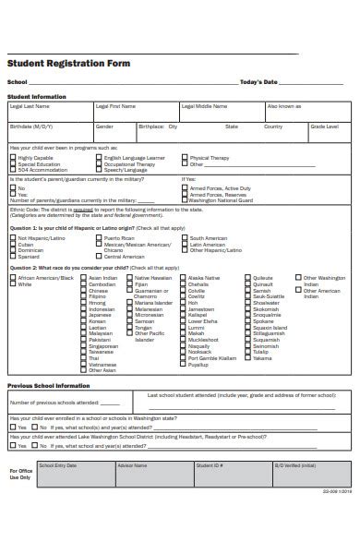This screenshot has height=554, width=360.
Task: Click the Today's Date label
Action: coord(258,82)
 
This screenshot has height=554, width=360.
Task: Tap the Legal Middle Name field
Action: coord(221,112)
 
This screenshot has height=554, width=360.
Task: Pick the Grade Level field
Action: coord(328,131)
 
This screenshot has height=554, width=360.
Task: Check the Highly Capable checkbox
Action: coord(13,158)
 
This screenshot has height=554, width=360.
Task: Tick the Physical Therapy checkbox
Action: coord(185,158)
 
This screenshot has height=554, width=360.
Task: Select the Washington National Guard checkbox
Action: coord(186,200)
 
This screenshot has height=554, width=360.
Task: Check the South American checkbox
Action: coord(185,238)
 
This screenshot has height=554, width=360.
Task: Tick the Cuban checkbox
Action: coord(13,244)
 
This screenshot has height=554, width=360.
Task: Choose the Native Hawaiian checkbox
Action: coord(130,277)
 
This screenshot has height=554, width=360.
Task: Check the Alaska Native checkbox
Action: coord(184,277)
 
